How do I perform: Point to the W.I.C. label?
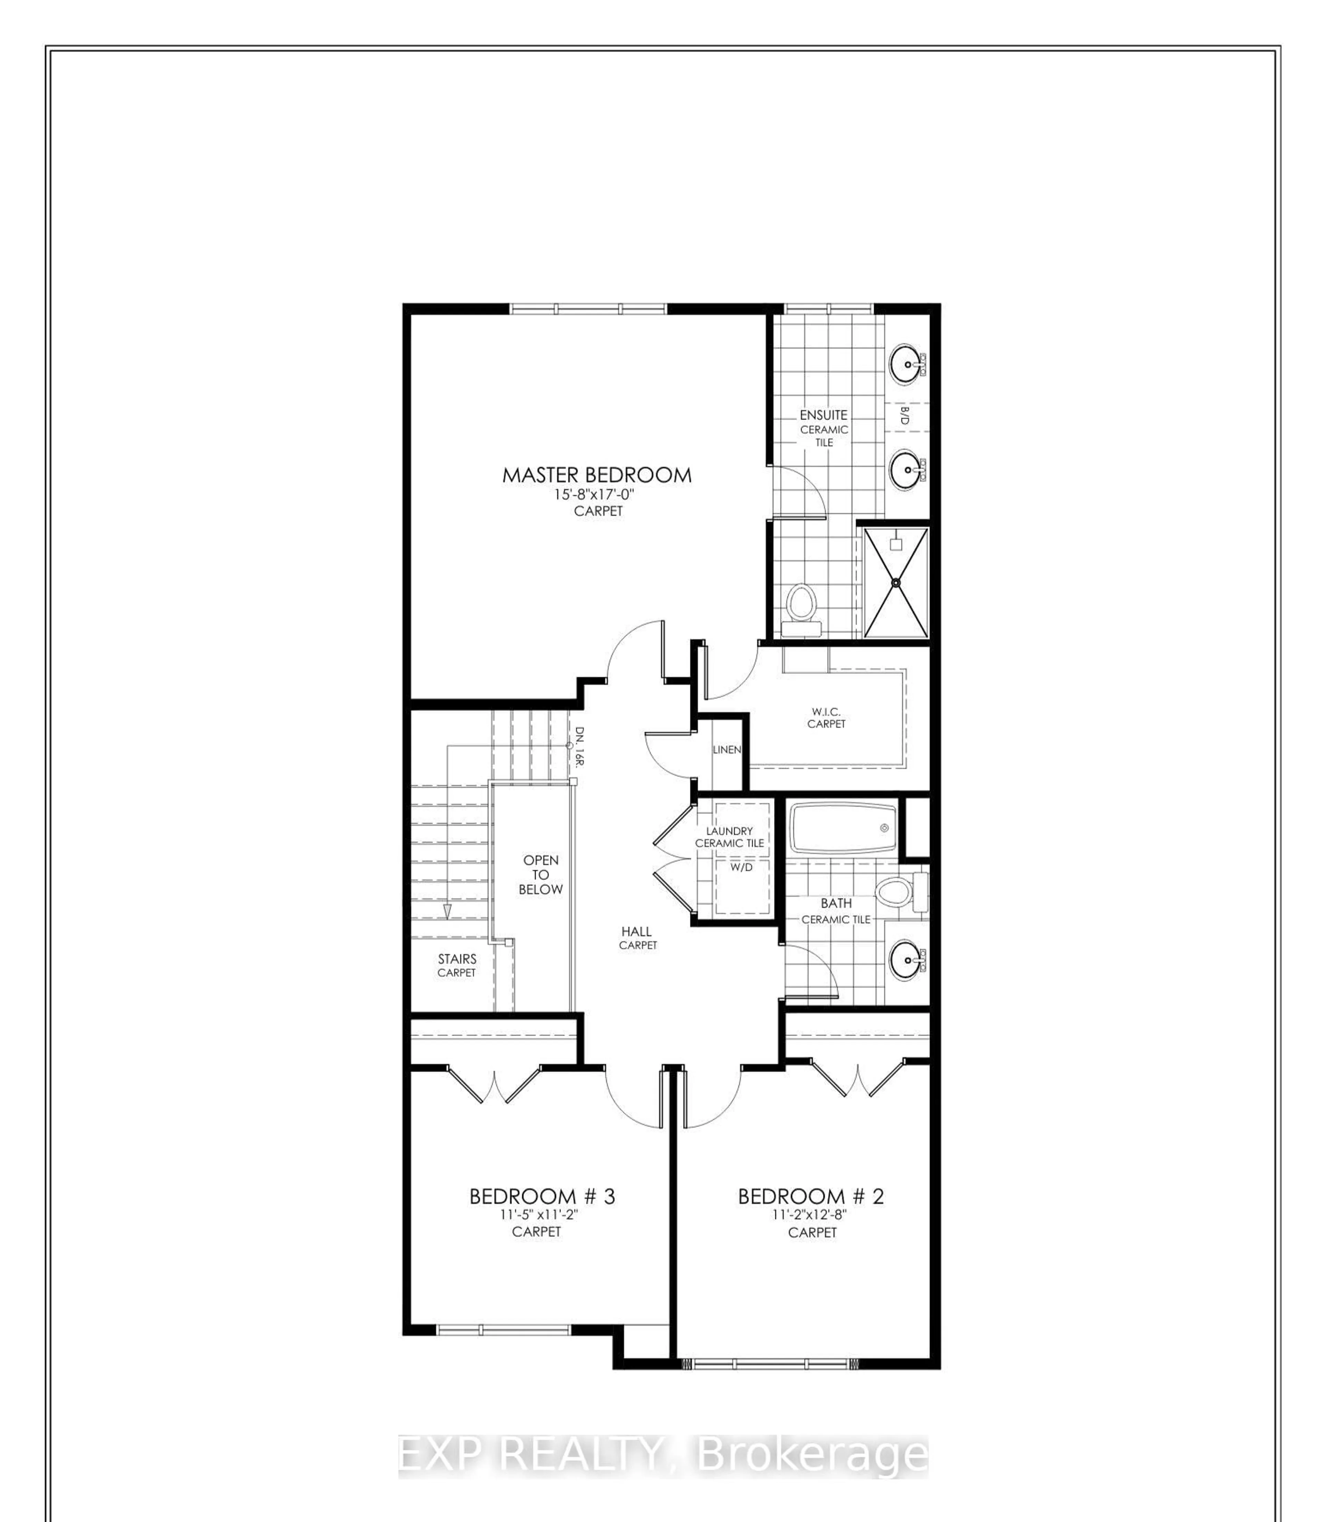[826, 711]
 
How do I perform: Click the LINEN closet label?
[727, 749]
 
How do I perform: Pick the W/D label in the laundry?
[741, 867]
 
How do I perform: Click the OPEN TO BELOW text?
[541, 875]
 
